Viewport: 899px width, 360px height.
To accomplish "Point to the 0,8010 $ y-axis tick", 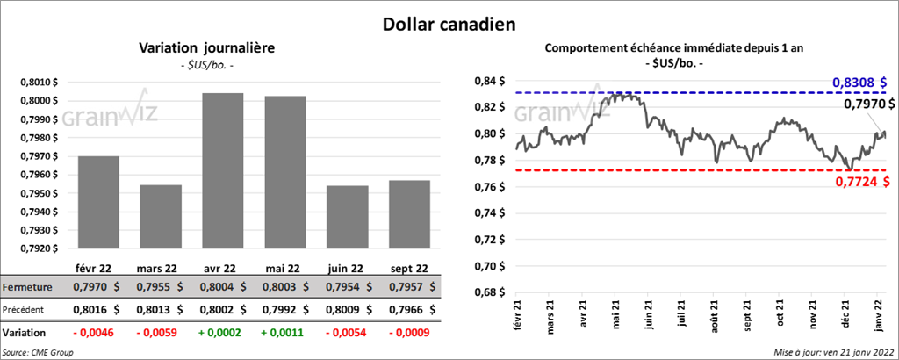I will (40, 82).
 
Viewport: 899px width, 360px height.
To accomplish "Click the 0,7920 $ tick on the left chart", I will (40, 248).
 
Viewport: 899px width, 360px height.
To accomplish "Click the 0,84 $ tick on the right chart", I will (487, 82).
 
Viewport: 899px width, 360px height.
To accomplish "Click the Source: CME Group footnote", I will (37, 352).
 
